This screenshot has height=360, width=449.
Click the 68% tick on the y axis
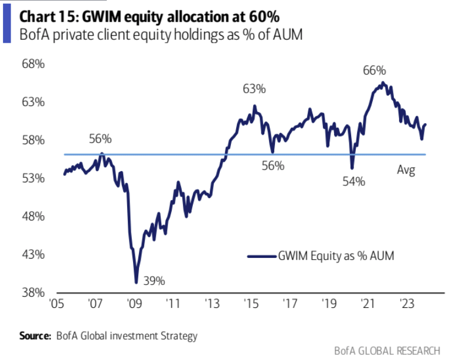pos(33,64)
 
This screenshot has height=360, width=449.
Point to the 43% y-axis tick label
pos(33,255)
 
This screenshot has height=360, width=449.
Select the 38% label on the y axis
pos(33,293)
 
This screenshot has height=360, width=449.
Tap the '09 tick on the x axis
pos(134,304)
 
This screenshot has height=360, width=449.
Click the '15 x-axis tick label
pos(251,304)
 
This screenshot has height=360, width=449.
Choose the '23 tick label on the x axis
pos(406,304)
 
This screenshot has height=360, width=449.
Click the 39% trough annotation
pos(155,281)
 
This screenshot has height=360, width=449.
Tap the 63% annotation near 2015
pos(254,89)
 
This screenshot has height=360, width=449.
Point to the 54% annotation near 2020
pos(354,182)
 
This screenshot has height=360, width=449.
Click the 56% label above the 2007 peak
pos(100,140)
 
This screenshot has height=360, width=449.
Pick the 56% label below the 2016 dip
pos(273,166)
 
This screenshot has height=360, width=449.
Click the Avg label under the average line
pos(406,171)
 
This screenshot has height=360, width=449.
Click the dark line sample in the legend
pos(261,256)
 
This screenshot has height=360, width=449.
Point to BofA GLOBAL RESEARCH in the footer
pos(387,350)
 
